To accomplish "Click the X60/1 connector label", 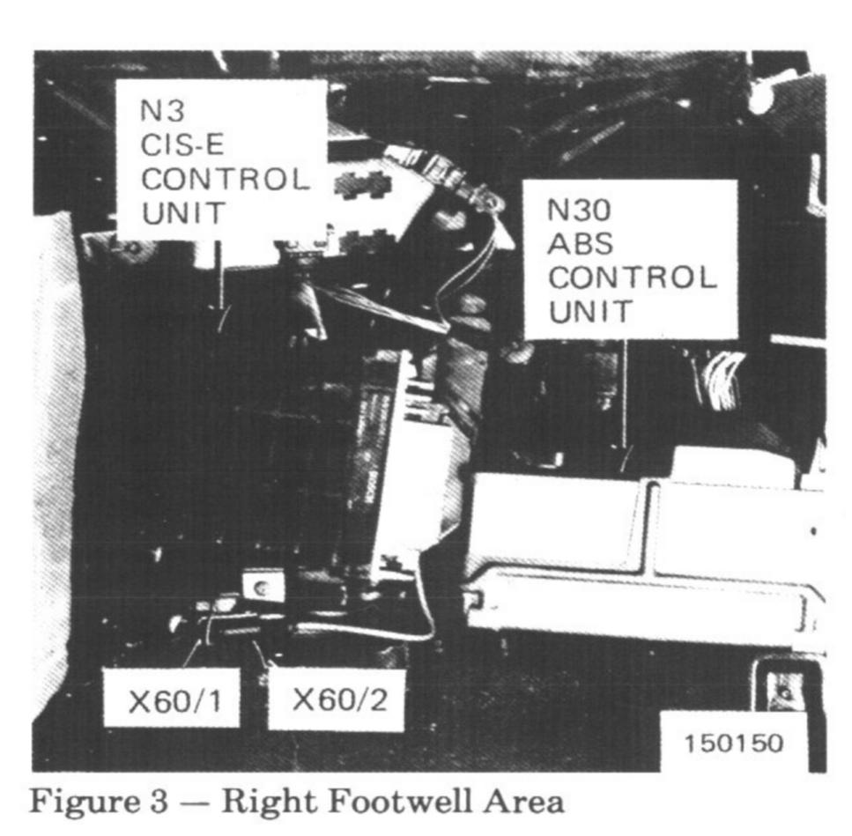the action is [x=171, y=700].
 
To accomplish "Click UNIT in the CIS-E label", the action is [x=184, y=212].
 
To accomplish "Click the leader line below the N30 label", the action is [x=624, y=396].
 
